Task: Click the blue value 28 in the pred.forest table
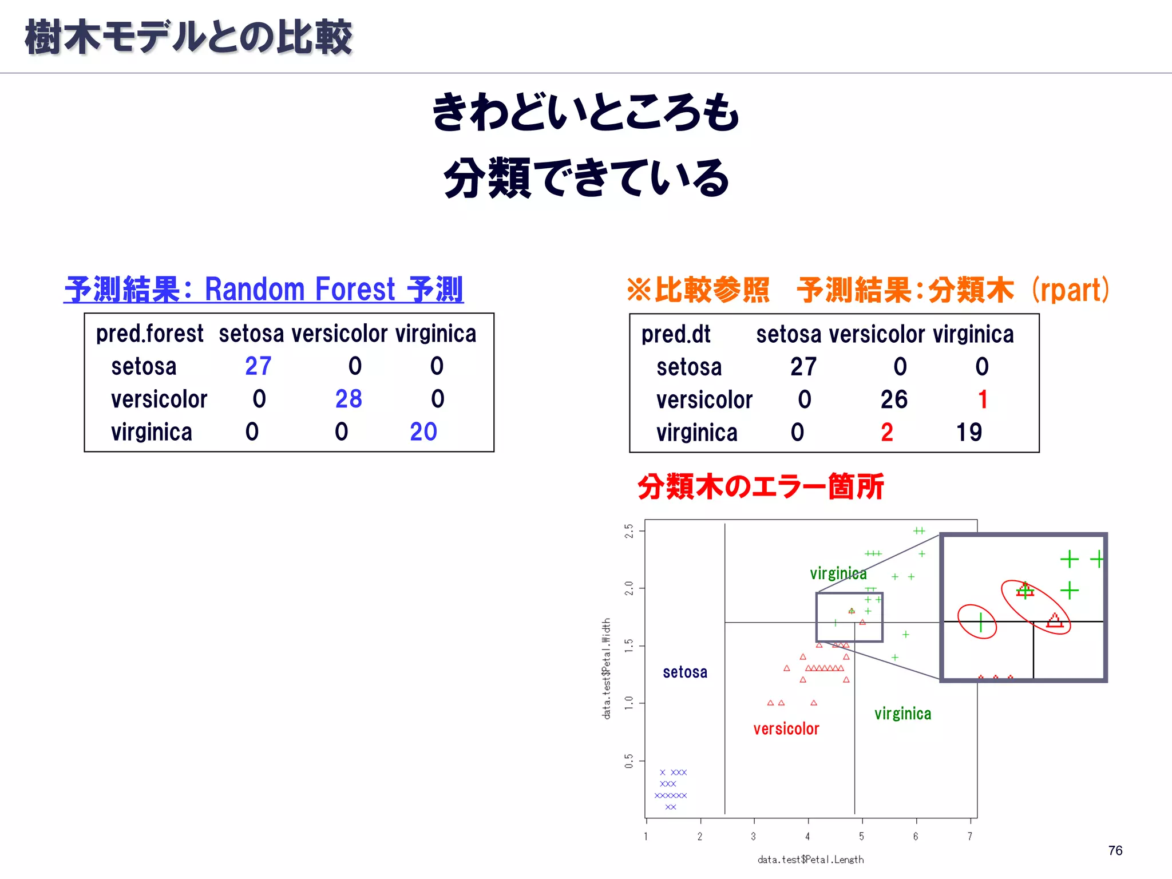[x=349, y=399]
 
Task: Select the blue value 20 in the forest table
[x=423, y=431]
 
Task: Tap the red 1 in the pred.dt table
[x=983, y=399]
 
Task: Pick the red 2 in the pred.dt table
[x=887, y=432]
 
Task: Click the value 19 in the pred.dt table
[x=969, y=432]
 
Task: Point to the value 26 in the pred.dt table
[x=894, y=399]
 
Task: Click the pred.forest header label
[x=149, y=334]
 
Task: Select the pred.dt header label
[x=676, y=334]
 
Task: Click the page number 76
[x=1115, y=850]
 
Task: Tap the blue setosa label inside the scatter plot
[x=685, y=672]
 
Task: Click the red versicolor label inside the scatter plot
[x=786, y=728]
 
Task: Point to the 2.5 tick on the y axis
[x=629, y=530]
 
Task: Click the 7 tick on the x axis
[x=970, y=836]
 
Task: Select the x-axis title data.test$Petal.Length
[x=810, y=860]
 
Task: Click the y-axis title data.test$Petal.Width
[x=607, y=668]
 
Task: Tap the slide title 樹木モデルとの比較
[x=188, y=37]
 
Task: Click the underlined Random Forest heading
[x=263, y=289]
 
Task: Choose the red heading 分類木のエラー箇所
[x=761, y=486]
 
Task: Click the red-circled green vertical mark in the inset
[x=981, y=622]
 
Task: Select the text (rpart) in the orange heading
[x=1070, y=290]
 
